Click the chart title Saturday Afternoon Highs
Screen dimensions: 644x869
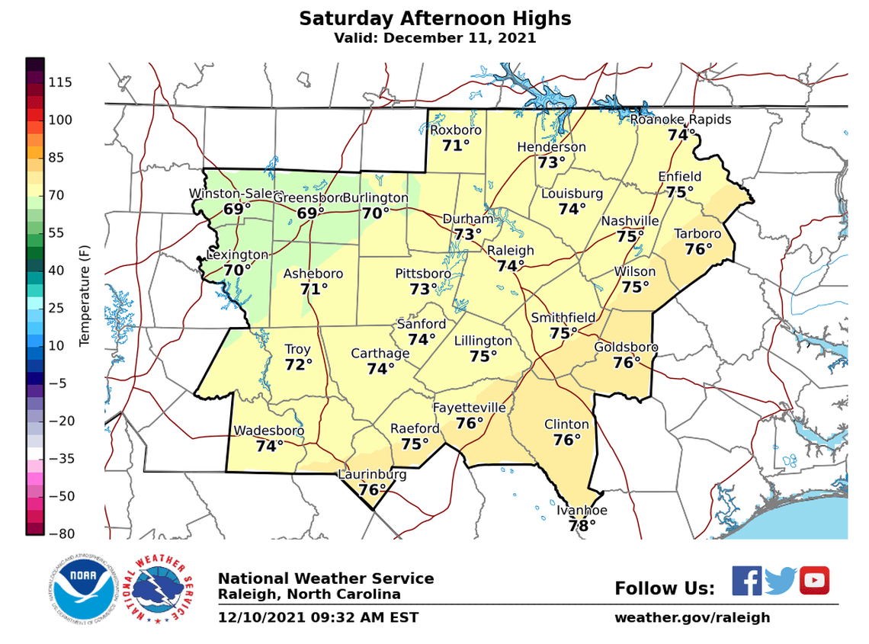coord(434,18)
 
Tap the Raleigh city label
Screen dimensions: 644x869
coord(510,251)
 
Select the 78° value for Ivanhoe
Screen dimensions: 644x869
coord(582,526)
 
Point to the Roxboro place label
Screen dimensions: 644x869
coord(456,130)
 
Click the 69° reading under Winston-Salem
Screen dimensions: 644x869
coord(237,209)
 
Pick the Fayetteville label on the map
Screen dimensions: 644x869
coord(469,408)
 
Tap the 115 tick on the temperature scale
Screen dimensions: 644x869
coord(60,82)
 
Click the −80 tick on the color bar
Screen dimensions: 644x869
coord(60,533)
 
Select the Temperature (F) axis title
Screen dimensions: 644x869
coord(85,295)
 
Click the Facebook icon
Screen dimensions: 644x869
coord(747,581)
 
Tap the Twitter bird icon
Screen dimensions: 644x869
coord(780,581)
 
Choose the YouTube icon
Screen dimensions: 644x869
coord(814,581)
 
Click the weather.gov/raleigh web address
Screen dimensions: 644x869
coord(692,617)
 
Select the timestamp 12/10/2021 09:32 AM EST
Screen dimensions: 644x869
coord(318,617)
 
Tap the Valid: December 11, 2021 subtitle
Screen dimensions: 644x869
coord(434,38)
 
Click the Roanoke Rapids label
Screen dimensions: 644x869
coord(680,120)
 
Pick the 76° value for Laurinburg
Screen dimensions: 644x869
coord(371,490)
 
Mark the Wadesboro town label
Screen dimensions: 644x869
coord(268,431)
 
